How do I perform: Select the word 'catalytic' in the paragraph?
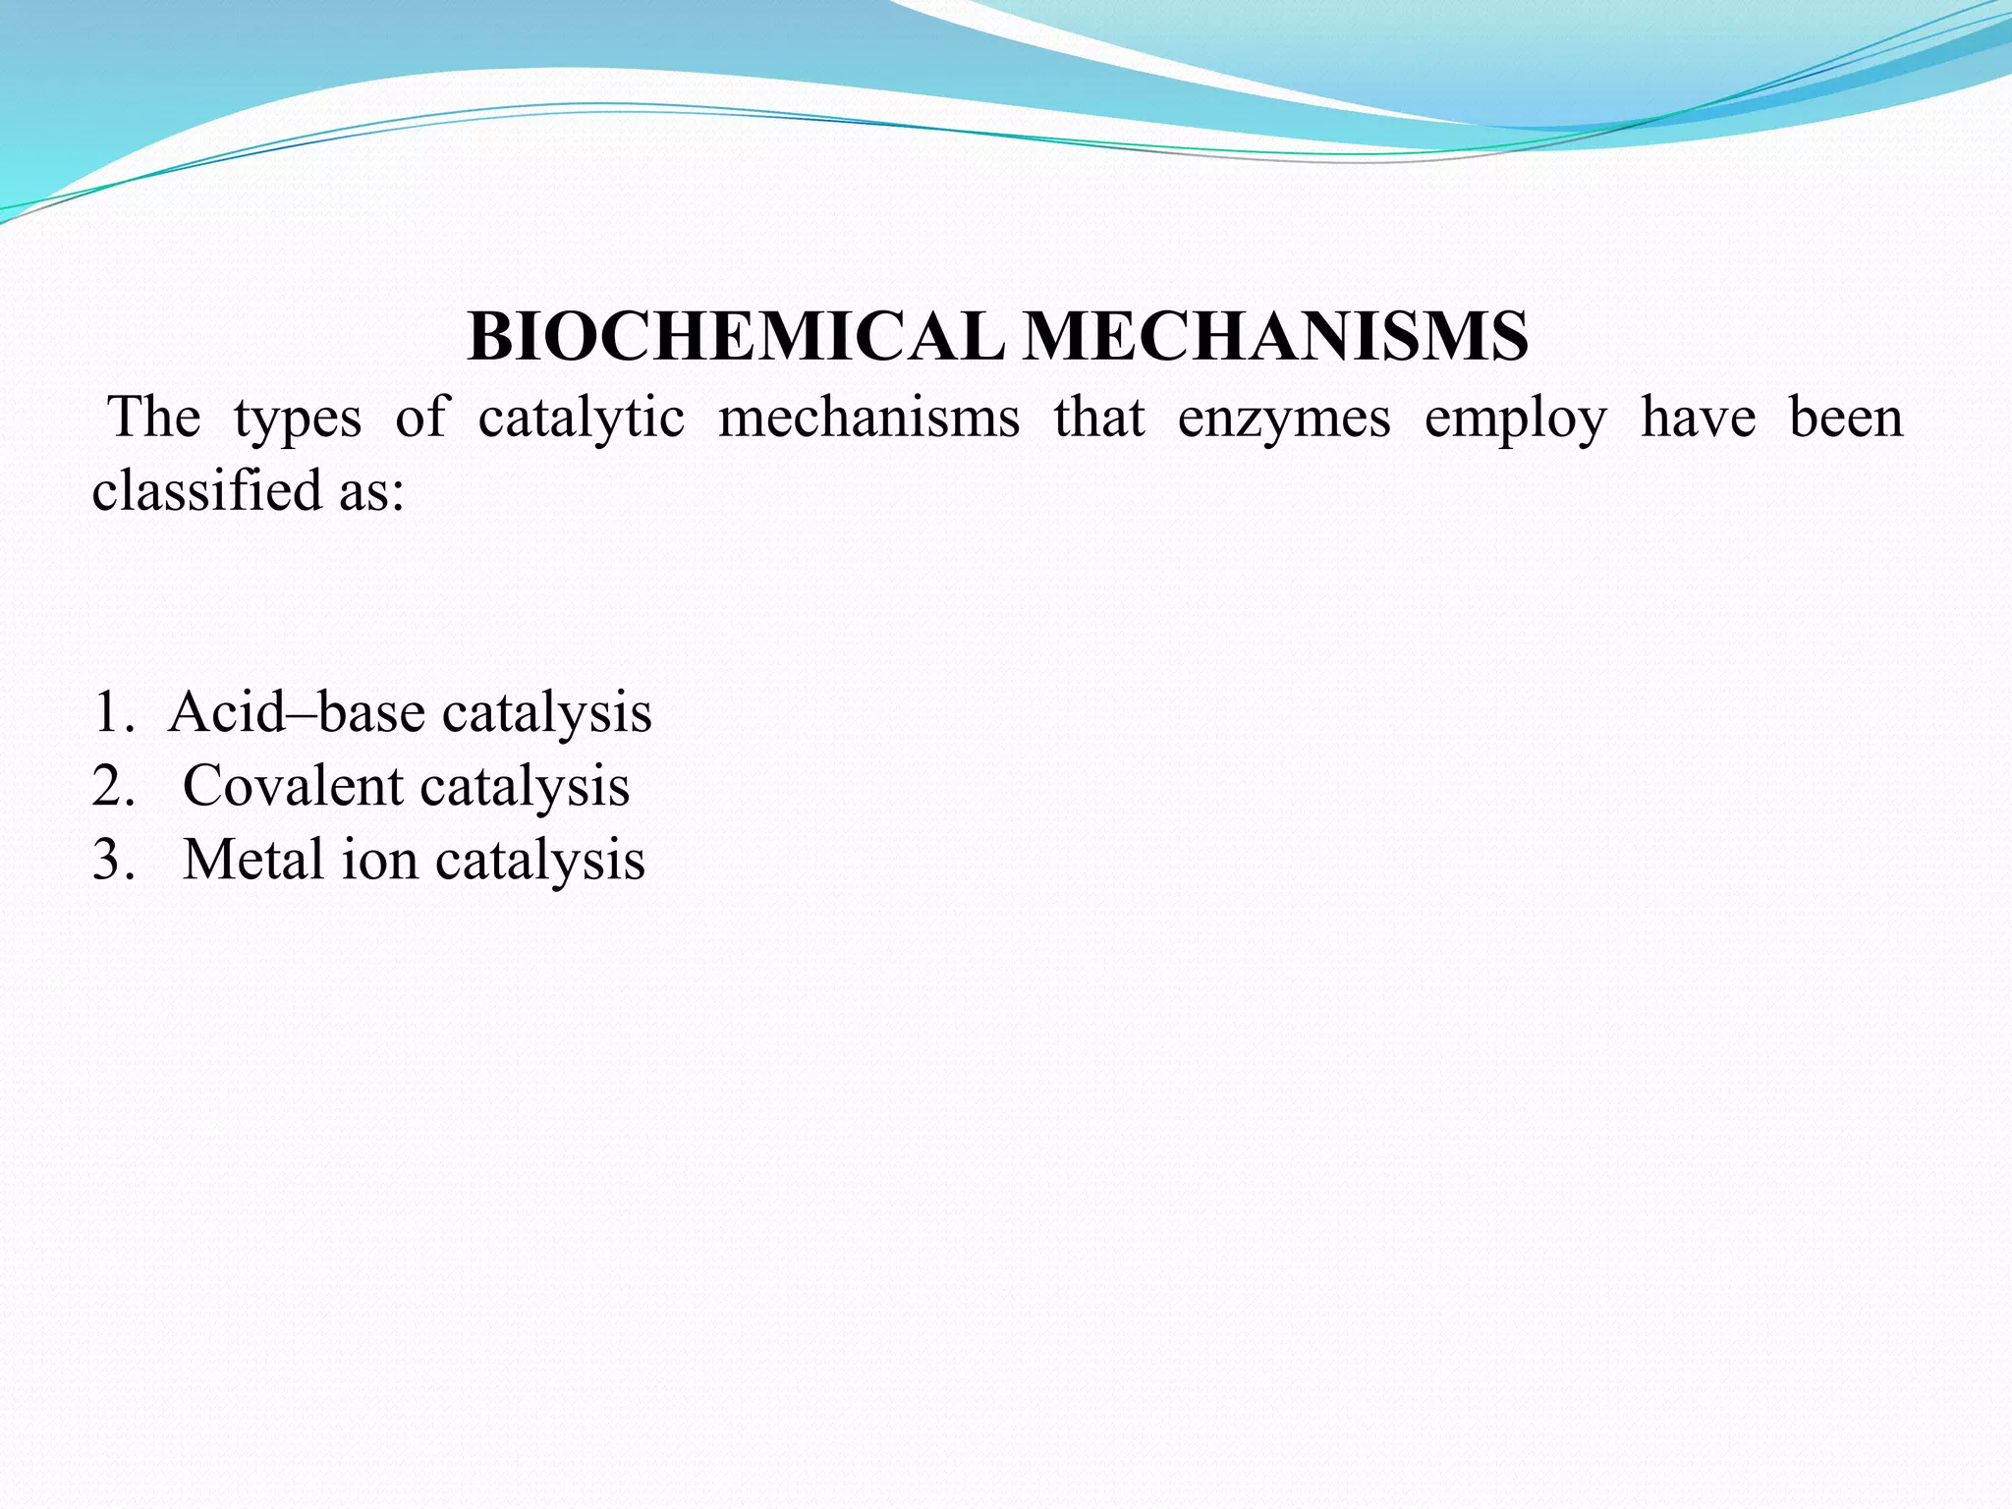click(x=581, y=418)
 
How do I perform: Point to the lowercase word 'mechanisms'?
click(x=868, y=418)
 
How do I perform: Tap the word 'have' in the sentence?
click(x=1698, y=418)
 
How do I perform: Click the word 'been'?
click(x=1845, y=418)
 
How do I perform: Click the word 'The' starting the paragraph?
click(x=155, y=418)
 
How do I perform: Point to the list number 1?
click(x=110, y=712)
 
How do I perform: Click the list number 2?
click(x=110, y=786)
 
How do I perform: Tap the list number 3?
click(x=110, y=860)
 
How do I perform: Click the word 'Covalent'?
click(x=293, y=786)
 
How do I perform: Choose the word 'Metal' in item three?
click(x=253, y=860)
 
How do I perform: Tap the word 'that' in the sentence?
click(x=1098, y=418)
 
